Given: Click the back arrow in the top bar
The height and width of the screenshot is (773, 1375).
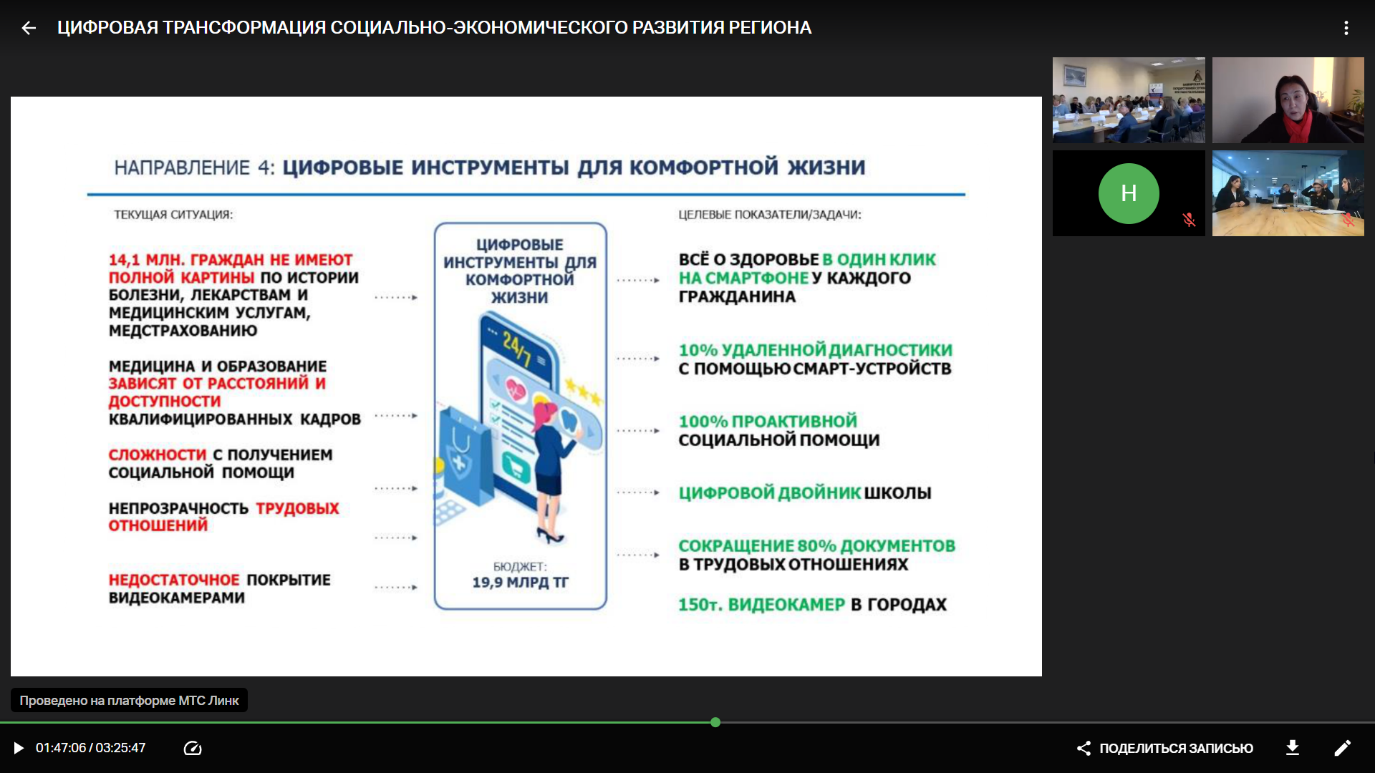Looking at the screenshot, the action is [x=29, y=28].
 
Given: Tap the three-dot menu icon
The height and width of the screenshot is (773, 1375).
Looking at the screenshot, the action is [x=1346, y=28].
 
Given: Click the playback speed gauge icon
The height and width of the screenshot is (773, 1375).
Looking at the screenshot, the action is [x=193, y=748].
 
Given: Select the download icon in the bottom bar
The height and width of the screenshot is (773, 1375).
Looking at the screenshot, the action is [x=1293, y=748].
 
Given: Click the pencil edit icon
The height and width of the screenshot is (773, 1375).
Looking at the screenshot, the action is [x=1343, y=748].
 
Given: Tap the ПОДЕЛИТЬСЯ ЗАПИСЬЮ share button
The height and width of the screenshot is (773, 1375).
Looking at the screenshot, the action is [x=1165, y=748].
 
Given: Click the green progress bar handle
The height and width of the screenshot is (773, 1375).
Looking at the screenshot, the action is [x=715, y=722].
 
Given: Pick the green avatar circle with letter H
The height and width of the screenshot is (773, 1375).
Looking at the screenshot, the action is [x=1129, y=193].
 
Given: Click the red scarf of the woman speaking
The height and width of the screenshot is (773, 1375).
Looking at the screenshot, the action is [x=1296, y=126].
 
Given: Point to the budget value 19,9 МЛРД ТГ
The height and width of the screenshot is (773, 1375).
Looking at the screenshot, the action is [x=521, y=583].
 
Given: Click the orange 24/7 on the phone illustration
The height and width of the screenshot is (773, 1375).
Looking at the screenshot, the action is [x=517, y=349].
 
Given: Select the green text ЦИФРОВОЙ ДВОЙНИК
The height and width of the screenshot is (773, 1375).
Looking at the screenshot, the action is [x=770, y=492].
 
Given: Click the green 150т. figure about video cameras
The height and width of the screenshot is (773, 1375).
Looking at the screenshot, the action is [x=699, y=605].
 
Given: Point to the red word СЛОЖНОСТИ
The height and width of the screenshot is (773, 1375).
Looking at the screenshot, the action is [x=158, y=455].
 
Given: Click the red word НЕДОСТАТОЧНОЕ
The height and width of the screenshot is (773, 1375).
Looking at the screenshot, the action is [x=174, y=580].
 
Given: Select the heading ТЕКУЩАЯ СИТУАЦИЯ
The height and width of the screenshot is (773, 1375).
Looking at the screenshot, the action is [x=173, y=215].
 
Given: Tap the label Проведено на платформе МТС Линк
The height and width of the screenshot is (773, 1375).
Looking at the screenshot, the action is [x=129, y=701].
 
